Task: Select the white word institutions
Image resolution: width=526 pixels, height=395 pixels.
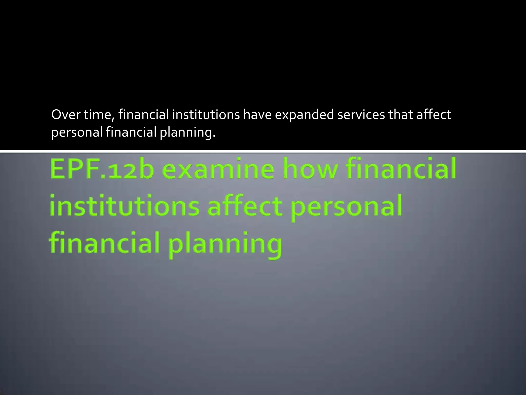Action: [206, 115]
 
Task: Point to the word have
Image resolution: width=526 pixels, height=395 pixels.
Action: [257, 115]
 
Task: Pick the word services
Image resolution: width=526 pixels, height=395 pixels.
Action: [361, 115]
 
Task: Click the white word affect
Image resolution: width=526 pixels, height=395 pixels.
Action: [434, 115]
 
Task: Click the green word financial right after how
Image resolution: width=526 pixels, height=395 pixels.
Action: [401, 169]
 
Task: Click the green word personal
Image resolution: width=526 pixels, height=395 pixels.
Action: [347, 207]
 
